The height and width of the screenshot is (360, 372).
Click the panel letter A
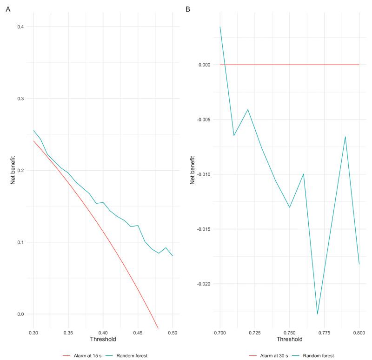pyautogui.click(x=7, y=9)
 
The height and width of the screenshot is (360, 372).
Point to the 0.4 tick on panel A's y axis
pyautogui.click(x=21, y=27)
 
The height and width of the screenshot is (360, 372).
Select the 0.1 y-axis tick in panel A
pyautogui.click(x=21, y=242)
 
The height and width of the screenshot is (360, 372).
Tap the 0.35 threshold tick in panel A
pyautogui.click(x=68, y=333)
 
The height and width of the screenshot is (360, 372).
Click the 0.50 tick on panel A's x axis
pyautogui.click(x=172, y=333)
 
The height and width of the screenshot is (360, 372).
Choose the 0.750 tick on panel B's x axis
pyautogui.click(x=289, y=333)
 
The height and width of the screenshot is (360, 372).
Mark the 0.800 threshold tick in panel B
pyautogui.click(x=359, y=333)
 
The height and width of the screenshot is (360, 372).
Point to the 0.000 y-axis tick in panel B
pyautogui.click(x=206, y=65)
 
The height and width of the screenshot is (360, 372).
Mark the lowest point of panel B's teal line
pyautogui.click(x=318, y=314)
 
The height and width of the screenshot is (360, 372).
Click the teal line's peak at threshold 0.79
pyautogui.click(x=345, y=136)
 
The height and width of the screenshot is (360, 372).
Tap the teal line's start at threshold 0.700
pyautogui.click(x=220, y=27)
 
